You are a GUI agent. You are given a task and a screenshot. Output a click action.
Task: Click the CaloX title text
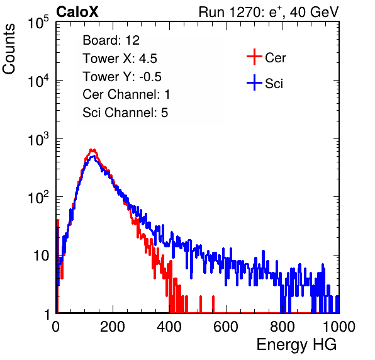(x=77, y=12)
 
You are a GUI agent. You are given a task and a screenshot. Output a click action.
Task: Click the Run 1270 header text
(x=269, y=12)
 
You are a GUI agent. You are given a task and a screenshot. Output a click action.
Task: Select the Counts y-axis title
(x=9, y=49)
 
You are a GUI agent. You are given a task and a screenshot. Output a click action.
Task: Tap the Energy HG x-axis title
(x=296, y=344)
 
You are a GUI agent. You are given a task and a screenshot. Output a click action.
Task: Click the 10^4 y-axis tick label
(x=38, y=81)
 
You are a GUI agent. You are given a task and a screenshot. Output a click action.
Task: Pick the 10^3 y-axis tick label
(x=38, y=139)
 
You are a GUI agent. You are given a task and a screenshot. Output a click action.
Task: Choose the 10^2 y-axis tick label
(x=38, y=198)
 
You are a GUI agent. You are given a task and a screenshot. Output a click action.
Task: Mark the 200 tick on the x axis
(x=113, y=327)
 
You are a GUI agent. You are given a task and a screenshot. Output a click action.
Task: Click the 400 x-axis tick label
(x=169, y=327)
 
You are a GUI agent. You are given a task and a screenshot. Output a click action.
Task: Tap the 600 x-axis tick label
(x=226, y=327)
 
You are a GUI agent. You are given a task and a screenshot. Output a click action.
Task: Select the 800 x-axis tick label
(x=283, y=327)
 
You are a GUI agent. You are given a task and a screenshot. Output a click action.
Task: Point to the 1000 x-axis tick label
(x=339, y=327)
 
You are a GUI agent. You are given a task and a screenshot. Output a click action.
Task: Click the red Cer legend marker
(x=254, y=57)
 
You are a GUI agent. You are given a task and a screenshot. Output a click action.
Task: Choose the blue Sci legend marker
(x=254, y=83)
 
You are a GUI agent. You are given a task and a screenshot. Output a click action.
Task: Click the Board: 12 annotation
(x=111, y=40)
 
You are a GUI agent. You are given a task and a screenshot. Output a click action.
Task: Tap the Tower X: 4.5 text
(x=120, y=59)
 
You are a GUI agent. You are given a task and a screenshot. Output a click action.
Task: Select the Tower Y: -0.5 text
(x=122, y=77)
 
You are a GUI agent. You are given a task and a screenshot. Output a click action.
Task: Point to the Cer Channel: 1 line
(x=126, y=94)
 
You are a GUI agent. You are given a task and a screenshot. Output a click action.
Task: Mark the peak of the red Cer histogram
(x=92, y=150)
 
